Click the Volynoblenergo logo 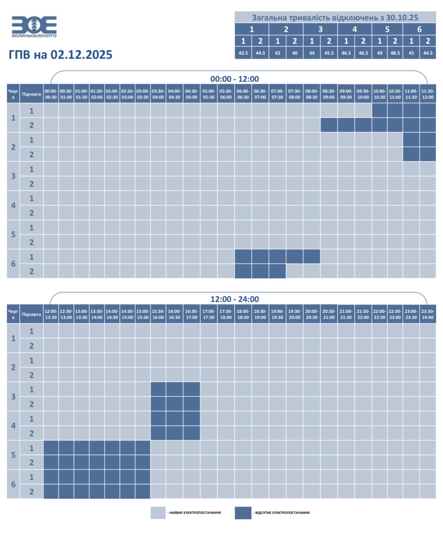click(34, 27)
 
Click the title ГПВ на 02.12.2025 click(60, 55)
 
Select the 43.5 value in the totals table click(243, 53)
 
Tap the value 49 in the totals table click(379, 53)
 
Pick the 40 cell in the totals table click(295, 53)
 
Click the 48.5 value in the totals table click(395, 53)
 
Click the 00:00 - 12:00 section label click(234, 79)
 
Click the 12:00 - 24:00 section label click(234, 299)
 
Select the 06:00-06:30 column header click(243, 94)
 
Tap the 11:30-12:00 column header click(428, 94)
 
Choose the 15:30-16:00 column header click(158, 314)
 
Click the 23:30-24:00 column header click(428, 314)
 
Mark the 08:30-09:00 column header click(328, 94)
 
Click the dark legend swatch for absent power click(243, 513)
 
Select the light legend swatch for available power click(158, 513)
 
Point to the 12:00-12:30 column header click(51, 314)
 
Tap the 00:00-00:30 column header click(51, 94)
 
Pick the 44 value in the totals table click(311, 53)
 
